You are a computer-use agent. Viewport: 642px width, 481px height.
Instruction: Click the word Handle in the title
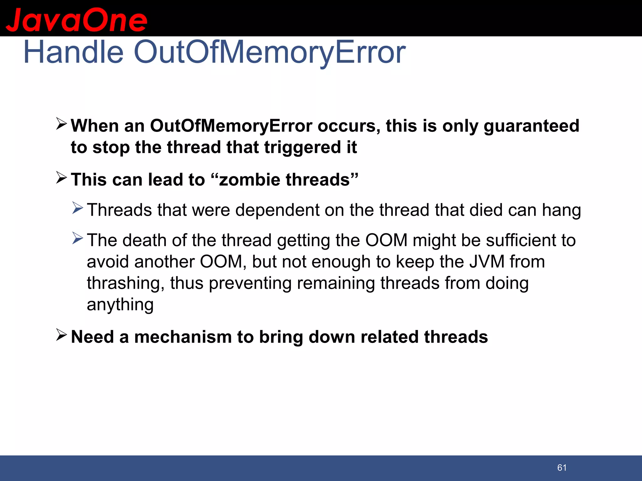click(x=73, y=52)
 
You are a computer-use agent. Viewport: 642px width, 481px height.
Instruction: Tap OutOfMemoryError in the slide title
click(x=270, y=52)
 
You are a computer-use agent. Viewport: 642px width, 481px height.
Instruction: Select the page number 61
click(x=562, y=468)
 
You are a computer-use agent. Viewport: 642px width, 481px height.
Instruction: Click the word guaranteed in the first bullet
click(x=531, y=126)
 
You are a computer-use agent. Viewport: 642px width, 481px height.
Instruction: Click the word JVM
click(x=487, y=261)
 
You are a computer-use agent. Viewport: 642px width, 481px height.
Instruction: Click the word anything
click(x=120, y=304)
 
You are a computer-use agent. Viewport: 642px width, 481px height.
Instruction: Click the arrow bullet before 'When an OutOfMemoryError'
click(x=61, y=124)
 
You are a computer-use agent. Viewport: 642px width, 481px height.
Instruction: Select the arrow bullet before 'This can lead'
click(x=61, y=178)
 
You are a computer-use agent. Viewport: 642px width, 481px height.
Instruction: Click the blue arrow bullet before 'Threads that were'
click(x=77, y=208)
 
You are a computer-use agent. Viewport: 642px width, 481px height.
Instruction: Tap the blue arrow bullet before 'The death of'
click(x=77, y=238)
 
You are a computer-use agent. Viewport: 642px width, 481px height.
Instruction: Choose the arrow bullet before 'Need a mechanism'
click(x=61, y=335)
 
